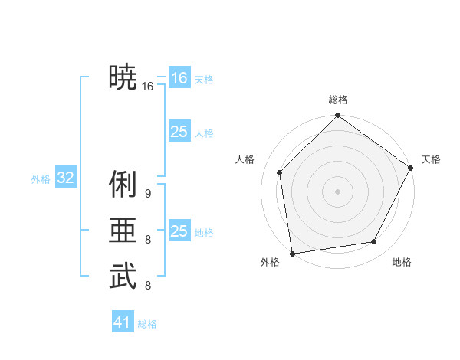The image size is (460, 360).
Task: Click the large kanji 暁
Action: [123, 77]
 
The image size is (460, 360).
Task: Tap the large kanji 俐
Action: [123, 185]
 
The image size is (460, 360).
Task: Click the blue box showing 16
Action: [179, 78]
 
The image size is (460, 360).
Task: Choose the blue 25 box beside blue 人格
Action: [179, 132]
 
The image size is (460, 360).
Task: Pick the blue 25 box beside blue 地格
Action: [179, 231]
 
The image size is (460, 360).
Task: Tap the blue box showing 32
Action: [65, 178]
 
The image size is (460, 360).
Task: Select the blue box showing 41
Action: [123, 322]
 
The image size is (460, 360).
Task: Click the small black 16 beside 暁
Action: [148, 87]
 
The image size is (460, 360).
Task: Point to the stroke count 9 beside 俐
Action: [148, 194]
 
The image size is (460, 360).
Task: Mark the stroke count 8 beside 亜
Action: [148, 240]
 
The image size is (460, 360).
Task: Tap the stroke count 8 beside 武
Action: [148, 286]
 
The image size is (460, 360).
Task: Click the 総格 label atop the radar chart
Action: [338, 100]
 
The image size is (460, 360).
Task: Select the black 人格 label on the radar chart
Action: [245, 159]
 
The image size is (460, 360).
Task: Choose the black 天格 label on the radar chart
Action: [431, 159]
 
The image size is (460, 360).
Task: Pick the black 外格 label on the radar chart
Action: [270, 262]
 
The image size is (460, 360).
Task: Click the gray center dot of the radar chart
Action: [337, 190]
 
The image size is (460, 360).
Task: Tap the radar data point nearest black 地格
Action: [374, 242]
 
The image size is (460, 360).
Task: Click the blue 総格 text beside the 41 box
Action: [147, 324]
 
